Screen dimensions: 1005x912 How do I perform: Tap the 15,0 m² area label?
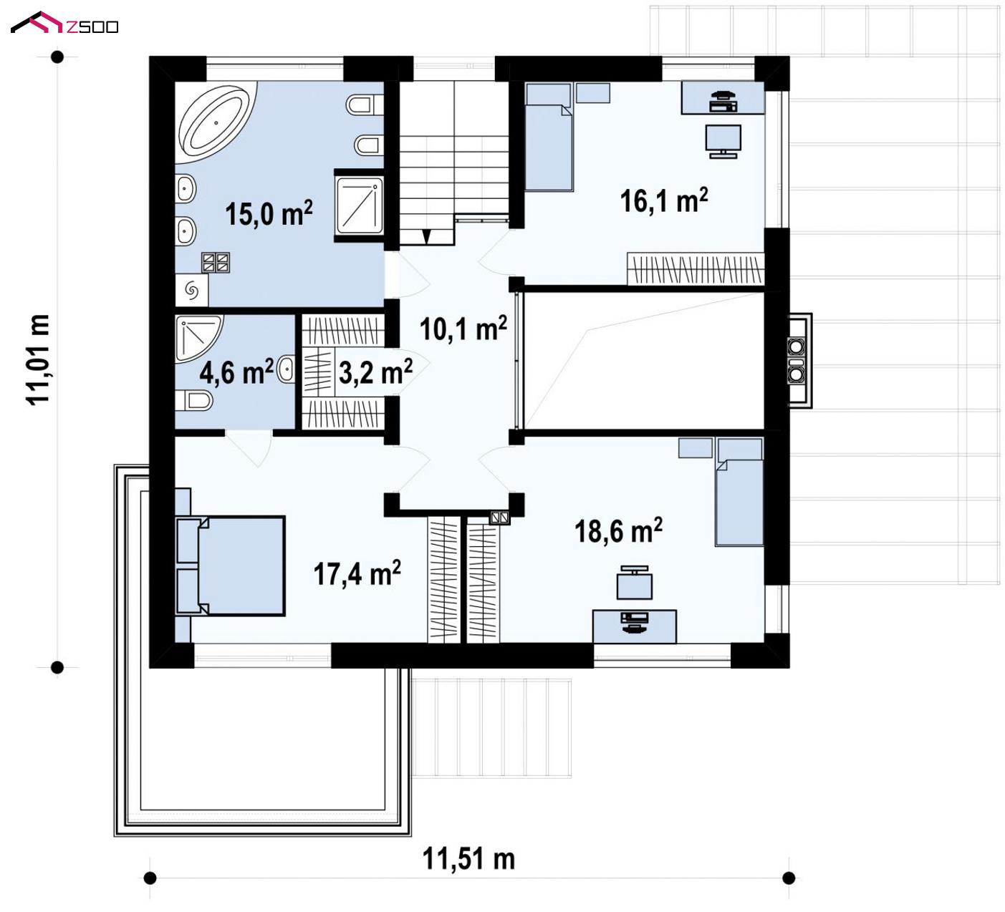[269, 213]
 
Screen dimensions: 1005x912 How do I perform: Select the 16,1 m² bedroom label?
[664, 200]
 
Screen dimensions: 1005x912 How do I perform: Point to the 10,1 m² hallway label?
[463, 329]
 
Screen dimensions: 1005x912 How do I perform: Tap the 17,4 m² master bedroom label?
[357, 573]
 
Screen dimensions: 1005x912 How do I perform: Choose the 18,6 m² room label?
[618, 530]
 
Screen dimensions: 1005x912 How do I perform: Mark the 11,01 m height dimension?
[38, 359]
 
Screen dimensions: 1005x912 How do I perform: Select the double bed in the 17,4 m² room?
[230, 566]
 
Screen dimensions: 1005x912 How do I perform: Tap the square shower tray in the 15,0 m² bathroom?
[360, 205]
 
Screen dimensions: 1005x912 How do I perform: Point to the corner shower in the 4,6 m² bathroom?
[198, 338]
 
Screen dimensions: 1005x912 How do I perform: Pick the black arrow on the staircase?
[426, 236]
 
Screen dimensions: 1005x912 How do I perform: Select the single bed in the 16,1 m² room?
[549, 137]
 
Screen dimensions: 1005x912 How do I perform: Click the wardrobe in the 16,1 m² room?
[696, 269]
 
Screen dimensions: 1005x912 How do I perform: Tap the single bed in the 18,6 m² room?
[739, 492]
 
